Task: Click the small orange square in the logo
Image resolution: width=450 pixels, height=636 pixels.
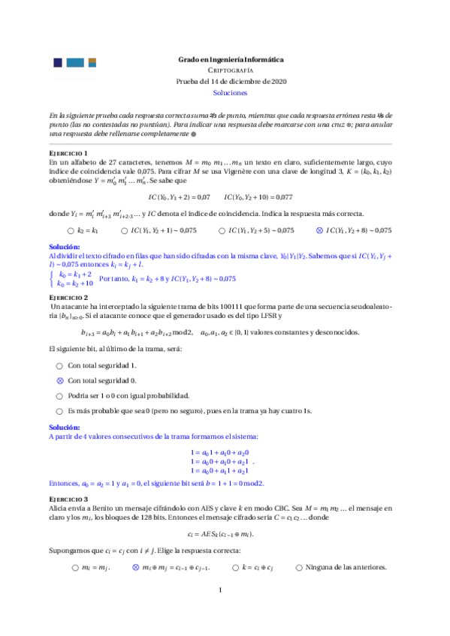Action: click(92, 61)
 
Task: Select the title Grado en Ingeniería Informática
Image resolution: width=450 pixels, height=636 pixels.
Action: click(231, 59)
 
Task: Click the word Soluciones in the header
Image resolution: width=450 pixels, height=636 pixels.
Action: click(231, 93)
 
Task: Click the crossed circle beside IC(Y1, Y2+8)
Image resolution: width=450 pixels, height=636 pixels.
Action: click(319, 230)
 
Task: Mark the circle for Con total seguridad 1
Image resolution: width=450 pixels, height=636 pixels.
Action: click(59, 365)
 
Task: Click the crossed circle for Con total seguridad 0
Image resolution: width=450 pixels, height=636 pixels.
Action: click(59, 380)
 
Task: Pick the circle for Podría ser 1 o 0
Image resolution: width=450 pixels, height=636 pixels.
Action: click(59, 395)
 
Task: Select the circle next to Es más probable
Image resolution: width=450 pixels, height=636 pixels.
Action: click(59, 411)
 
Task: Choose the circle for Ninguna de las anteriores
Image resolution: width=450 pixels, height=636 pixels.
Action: click(299, 547)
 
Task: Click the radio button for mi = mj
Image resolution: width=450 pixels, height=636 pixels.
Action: click(75, 547)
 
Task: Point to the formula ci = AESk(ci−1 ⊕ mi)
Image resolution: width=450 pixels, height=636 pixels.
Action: click(225, 532)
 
